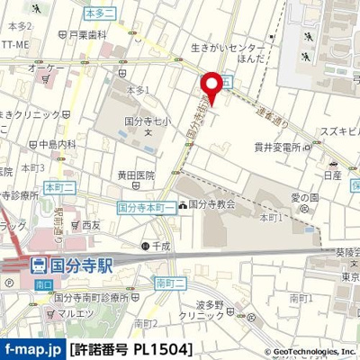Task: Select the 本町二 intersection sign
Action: [x=58, y=186]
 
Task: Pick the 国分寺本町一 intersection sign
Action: [x=145, y=205]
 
